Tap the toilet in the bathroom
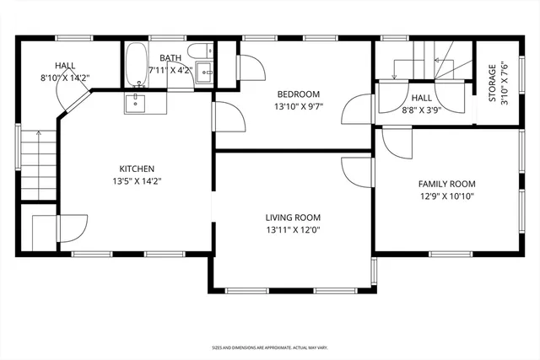click(x=196, y=51)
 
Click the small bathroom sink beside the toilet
click(x=205, y=75)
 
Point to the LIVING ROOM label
click(x=294, y=217)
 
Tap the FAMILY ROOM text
click(x=446, y=184)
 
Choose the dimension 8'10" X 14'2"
click(x=66, y=78)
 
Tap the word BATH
click(x=171, y=58)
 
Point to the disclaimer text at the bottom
click(x=270, y=347)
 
